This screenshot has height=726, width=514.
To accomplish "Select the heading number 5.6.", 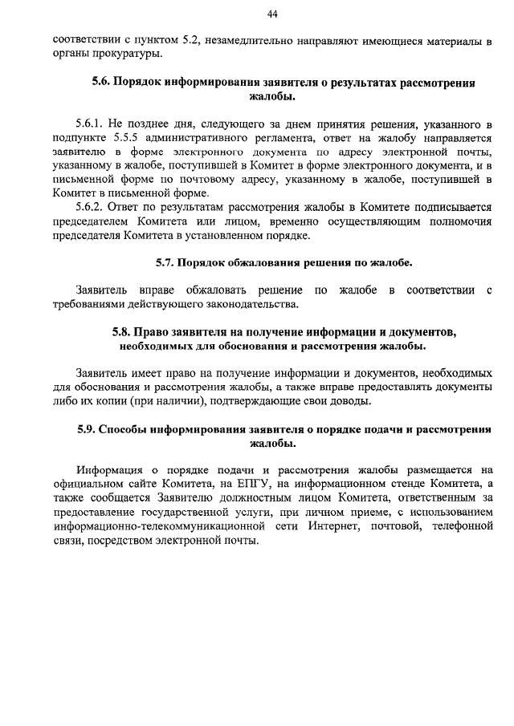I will (x=102, y=83).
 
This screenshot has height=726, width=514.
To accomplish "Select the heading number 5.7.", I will (x=165, y=262).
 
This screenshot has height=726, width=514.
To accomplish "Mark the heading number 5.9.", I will (x=89, y=429).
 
